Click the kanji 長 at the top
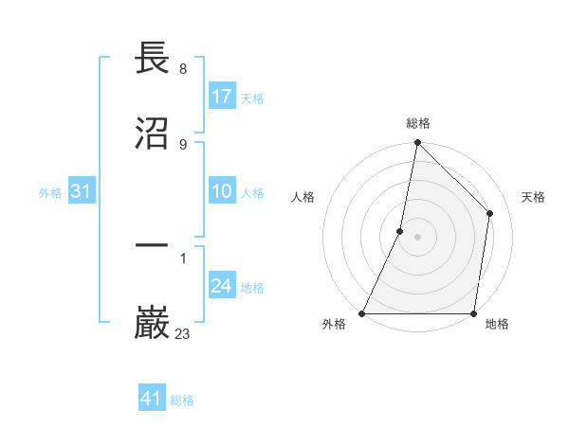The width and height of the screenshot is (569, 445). click(153, 59)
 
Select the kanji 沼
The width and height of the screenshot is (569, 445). click(153, 134)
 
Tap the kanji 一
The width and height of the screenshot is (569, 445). click(153, 245)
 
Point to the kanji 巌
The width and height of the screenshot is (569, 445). click(153, 321)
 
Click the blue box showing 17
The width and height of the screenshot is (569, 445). click(222, 97)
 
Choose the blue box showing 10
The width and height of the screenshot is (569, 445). click(222, 192)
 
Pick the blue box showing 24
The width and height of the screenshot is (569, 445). click(222, 287)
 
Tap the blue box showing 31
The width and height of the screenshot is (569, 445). click(81, 192)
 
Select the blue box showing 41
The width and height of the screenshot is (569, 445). click(152, 399)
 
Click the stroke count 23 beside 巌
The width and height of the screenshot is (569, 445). click(183, 333)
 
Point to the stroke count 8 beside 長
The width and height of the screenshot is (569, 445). click(183, 69)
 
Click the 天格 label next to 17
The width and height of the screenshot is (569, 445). click(252, 98)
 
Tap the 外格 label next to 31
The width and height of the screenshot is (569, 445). click(50, 193)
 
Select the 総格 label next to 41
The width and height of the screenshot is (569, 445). click(182, 400)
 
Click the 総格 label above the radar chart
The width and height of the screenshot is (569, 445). click(418, 123)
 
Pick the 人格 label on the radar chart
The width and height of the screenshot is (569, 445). click(303, 197)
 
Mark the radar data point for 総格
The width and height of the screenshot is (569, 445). click(417, 142)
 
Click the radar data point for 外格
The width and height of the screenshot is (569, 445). click(362, 313)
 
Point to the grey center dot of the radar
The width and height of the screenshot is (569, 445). click(417, 237)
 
